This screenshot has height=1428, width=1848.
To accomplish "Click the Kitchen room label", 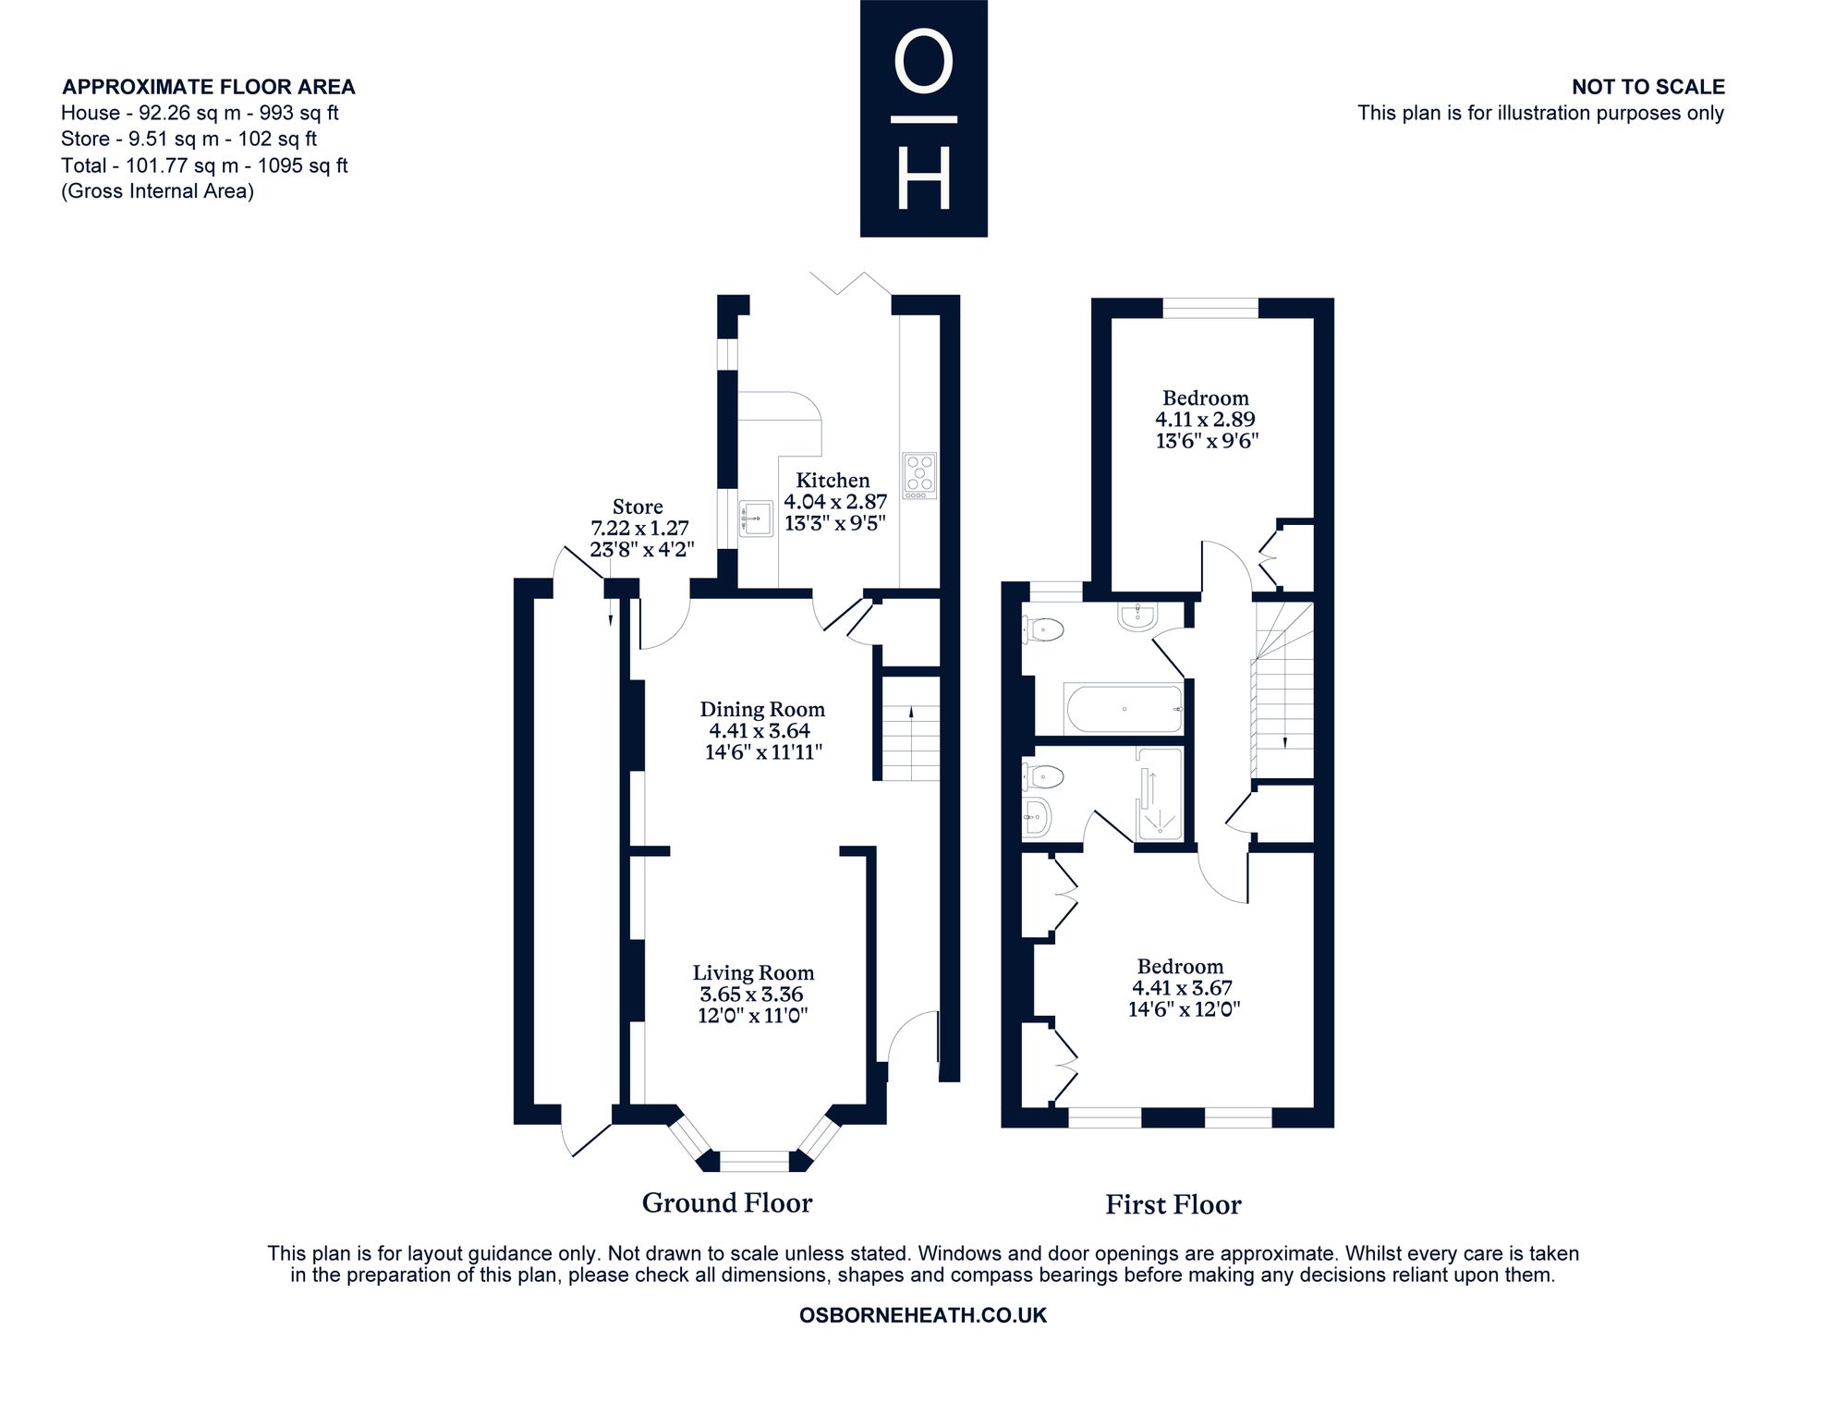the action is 833,481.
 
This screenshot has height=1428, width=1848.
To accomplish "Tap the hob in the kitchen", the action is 919,476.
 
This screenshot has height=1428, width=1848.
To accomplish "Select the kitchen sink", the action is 756,519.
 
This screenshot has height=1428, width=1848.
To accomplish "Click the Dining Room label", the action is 762,710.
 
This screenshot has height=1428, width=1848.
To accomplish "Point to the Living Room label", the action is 754,973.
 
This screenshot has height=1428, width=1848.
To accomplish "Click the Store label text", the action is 638,507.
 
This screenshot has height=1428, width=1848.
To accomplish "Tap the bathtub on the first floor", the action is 1124,709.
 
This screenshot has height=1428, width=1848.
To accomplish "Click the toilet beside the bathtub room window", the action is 1044,630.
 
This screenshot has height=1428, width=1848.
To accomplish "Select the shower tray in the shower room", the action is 1159,794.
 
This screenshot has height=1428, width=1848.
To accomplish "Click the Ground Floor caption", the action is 727,1203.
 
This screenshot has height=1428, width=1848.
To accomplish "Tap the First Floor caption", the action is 1173,1205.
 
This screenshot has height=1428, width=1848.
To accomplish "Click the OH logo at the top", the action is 924,118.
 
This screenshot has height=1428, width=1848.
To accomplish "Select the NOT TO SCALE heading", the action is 1648,87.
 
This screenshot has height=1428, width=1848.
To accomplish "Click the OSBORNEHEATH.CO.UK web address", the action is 923,1315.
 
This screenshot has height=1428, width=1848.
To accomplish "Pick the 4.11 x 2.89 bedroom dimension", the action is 1205,420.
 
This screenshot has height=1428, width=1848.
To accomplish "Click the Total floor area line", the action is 204,165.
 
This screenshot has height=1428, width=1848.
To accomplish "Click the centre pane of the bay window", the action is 755,1161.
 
